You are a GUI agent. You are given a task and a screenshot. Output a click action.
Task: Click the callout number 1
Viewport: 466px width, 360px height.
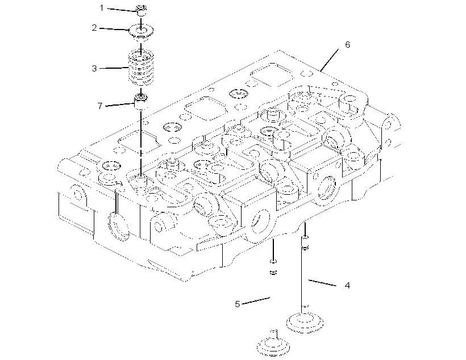coord(102,8)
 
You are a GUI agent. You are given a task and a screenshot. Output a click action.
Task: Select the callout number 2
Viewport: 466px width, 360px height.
coord(94,28)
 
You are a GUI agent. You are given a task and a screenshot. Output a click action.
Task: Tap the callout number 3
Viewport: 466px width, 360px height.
coord(94,69)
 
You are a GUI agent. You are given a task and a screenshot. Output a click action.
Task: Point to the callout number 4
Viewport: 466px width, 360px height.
coord(347,286)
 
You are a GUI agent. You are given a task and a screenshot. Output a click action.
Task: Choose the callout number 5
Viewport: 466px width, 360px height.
coord(237,304)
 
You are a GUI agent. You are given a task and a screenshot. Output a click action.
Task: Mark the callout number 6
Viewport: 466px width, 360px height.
coord(347,44)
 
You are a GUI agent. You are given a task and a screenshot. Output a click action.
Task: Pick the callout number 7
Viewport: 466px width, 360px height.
coord(100,106)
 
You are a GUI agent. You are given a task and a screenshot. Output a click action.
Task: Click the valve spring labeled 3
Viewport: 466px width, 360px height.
coord(141,67)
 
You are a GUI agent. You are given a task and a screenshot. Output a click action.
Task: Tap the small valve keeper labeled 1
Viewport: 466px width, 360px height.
coord(141,11)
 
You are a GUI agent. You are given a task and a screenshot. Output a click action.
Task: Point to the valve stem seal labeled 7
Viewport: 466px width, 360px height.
coord(141,101)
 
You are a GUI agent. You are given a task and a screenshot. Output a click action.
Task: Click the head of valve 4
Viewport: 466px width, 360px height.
coord(305,323)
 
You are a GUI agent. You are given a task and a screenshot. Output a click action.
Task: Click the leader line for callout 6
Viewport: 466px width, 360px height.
coord(330,60)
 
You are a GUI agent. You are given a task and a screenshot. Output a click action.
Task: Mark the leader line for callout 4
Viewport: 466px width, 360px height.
coord(322,283)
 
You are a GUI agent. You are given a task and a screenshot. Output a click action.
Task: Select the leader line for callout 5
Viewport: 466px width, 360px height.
coord(256,300)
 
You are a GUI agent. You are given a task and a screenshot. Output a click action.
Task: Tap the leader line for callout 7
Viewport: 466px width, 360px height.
coord(120,104)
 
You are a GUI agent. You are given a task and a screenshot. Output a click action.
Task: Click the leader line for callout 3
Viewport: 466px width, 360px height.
coord(114,68)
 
